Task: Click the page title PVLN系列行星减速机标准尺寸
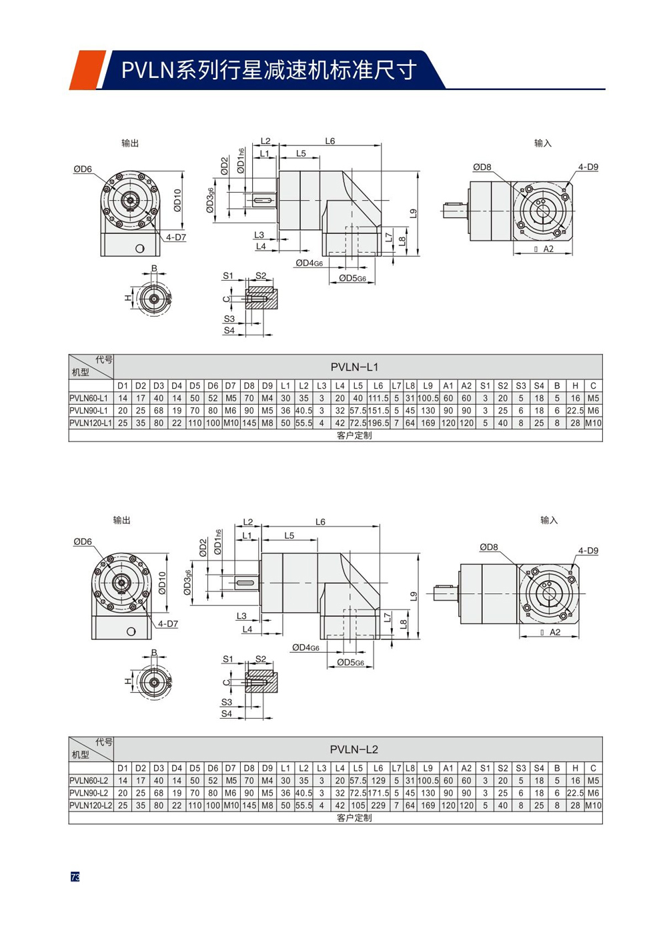click(269, 70)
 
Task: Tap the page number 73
click(75, 877)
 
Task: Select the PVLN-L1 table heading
click(354, 367)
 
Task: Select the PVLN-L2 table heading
click(354, 749)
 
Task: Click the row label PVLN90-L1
click(89, 411)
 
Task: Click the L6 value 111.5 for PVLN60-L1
click(378, 398)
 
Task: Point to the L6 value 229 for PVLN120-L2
click(378, 805)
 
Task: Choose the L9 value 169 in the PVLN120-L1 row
click(428, 423)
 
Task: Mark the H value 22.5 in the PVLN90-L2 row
click(575, 793)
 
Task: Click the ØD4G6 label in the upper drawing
click(309, 263)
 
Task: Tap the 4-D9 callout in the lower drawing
click(588, 551)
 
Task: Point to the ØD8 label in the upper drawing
click(482, 167)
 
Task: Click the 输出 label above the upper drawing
click(130, 143)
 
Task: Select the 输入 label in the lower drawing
click(549, 520)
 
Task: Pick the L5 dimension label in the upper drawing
click(301, 153)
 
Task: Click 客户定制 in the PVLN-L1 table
click(354, 435)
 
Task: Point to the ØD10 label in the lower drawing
click(162, 583)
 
